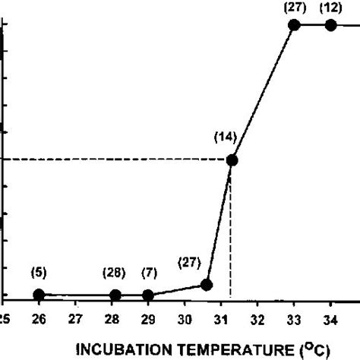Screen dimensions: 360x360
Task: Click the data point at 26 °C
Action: tap(39, 295)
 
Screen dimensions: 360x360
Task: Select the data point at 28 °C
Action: tap(115, 295)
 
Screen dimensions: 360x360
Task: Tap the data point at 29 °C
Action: tap(148, 295)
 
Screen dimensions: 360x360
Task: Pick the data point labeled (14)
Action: tap(232, 160)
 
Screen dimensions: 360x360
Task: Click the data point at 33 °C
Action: tap(295, 25)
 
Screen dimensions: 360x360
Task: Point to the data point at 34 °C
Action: tap(330, 25)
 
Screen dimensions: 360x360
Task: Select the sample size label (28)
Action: tap(115, 273)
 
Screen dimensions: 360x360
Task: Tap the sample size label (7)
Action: tap(149, 273)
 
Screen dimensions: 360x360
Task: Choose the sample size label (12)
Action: tap(330, 8)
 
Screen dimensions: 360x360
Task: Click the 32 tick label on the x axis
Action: tap(257, 320)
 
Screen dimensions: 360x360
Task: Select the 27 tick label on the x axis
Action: tap(75, 320)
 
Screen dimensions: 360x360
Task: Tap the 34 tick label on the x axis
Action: tap(330, 320)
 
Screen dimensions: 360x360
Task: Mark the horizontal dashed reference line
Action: tap(114, 160)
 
